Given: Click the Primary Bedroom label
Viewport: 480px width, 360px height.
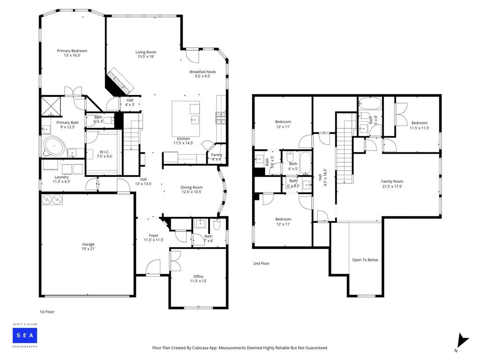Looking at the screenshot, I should [x=72, y=53].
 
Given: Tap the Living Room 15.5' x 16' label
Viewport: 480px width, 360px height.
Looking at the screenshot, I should [x=146, y=54].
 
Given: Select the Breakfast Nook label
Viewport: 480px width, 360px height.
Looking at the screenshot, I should [x=202, y=74].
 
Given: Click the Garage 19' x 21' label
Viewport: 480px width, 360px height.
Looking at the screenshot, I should [x=88, y=247].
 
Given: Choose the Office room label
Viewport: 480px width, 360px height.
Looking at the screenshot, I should [x=198, y=279].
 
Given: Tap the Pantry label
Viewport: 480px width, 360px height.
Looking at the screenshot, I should [x=216, y=157].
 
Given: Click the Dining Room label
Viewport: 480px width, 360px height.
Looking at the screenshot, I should [x=191, y=189].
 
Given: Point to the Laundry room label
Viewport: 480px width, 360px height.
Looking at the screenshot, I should [x=61, y=179].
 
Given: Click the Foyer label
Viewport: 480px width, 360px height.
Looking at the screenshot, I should [x=153, y=238].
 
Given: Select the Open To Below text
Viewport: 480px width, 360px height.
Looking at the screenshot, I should [x=365, y=260].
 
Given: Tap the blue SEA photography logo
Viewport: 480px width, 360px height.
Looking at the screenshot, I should [x=25, y=335].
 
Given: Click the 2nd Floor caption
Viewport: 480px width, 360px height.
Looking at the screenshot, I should [x=261, y=263].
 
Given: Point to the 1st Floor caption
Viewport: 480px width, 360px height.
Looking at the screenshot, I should [x=47, y=311].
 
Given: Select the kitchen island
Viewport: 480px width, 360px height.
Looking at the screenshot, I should [x=186, y=118].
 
